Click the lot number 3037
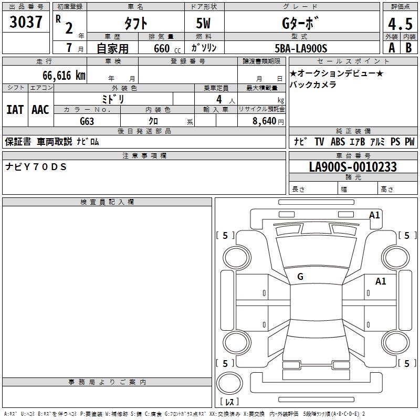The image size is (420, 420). click(26, 22)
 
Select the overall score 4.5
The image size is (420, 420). click(400, 24)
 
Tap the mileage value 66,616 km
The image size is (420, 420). click(64, 76)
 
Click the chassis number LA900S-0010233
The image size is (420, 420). click(353, 167)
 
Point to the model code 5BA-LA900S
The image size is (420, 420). click(301, 48)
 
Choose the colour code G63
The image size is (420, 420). click(87, 121)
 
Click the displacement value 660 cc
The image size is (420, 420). click(167, 49)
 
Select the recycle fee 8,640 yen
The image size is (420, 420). click(268, 121)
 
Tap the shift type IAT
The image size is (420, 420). click(15, 110)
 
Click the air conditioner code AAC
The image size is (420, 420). click(40, 110)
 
